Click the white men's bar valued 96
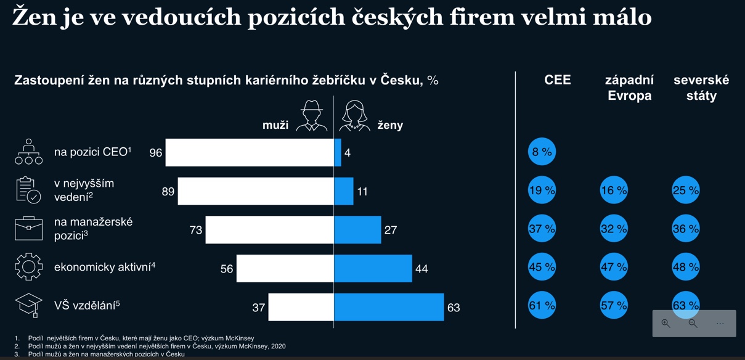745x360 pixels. (250, 152)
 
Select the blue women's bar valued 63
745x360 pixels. (389, 307)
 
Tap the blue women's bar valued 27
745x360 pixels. (357, 230)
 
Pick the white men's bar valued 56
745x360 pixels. (285, 269)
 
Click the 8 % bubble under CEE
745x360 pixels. (542, 152)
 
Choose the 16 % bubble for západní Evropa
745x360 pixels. (614, 190)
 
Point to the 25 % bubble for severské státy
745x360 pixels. (686, 190)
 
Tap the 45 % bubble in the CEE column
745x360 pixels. (542, 268)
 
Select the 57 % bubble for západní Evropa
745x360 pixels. (614, 305)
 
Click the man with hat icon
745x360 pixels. (312, 117)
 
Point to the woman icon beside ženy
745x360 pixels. (354, 117)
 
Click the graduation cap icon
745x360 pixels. (28, 305)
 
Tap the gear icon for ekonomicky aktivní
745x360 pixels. (28, 267)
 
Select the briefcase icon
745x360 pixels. (28, 229)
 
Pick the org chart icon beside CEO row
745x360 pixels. (28, 152)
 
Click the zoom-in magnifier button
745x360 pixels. (666, 324)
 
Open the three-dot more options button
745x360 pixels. (720, 324)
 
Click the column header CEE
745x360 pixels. (558, 80)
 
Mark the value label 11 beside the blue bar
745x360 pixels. (362, 192)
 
